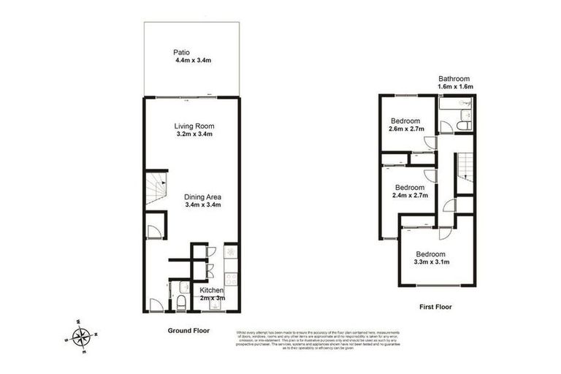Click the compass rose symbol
coord(82,337)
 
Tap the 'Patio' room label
coord(182,52)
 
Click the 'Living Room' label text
coord(194,126)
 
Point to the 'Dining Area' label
coord(202,196)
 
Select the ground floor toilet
coord(180,300)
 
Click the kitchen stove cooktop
coord(231,278)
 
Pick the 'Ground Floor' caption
coord(188,330)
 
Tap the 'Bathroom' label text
coord(454,79)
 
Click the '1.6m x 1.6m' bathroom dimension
coord(455,88)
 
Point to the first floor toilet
coord(463,126)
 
